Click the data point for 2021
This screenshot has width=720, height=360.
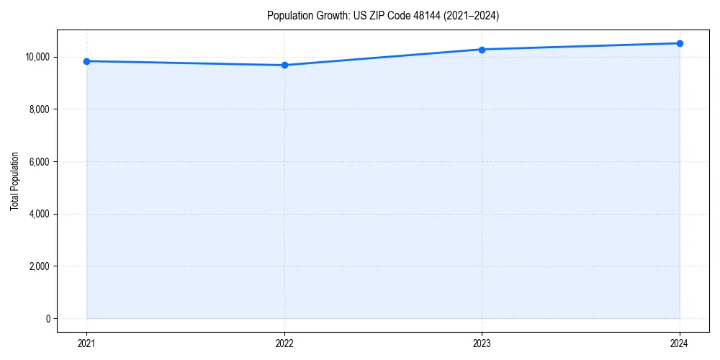pos(86,61)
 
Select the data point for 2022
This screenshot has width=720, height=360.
pos(284,66)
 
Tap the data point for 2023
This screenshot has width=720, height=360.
pos(482,50)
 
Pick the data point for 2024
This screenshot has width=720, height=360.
pos(680,43)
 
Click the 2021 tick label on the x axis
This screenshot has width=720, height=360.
pos(86,343)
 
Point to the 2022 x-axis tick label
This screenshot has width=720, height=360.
pos(284,343)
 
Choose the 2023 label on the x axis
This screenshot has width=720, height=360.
pos(482,343)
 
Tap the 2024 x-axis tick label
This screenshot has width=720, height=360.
pos(680,343)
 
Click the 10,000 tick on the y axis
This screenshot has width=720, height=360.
pos(36,57)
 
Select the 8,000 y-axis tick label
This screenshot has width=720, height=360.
pos(38,109)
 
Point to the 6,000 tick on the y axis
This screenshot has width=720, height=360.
pos(38,162)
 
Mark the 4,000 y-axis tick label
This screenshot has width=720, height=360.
pos(38,214)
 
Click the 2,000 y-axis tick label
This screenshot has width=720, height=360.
pos(38,266)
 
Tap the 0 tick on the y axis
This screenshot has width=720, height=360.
pos(47,319)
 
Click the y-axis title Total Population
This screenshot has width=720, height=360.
pos(14,181)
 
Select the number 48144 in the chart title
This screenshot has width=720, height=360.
pos(426,15)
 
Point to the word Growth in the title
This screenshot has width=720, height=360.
pos(328,15)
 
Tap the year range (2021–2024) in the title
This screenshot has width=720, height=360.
pos(470,15)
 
